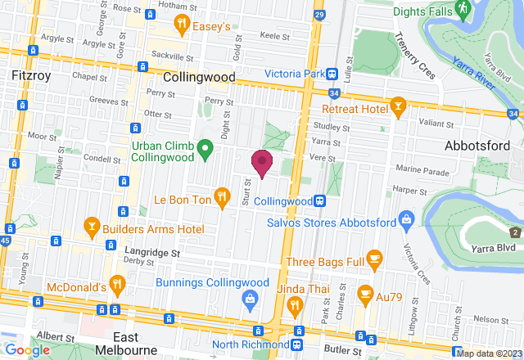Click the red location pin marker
point(262,162)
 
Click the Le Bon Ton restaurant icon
point(221,196)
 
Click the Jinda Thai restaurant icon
point(296,305)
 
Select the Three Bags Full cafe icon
point(375,261)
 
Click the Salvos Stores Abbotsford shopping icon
point(406,218)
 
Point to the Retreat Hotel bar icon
point(398,107)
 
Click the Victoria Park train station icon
point(332,74)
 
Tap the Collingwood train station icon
point(323,200)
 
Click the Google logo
point(27,349)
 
